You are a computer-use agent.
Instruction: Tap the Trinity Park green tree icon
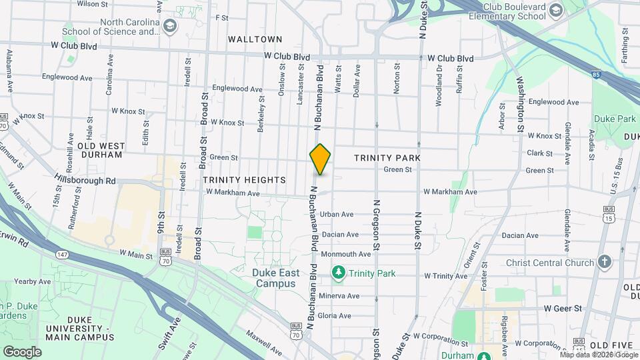339,273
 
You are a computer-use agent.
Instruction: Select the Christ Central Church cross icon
605,262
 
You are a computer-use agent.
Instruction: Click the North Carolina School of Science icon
170,25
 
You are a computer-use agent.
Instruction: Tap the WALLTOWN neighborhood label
255,39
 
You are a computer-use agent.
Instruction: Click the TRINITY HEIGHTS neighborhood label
244,180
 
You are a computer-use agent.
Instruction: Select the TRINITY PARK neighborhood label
387,157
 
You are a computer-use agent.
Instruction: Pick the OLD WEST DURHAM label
100,150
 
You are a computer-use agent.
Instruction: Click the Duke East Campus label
273,278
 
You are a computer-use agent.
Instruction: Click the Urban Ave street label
336,215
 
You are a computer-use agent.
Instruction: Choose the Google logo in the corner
22,351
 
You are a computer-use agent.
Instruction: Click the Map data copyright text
599,355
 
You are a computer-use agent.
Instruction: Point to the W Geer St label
563,309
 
